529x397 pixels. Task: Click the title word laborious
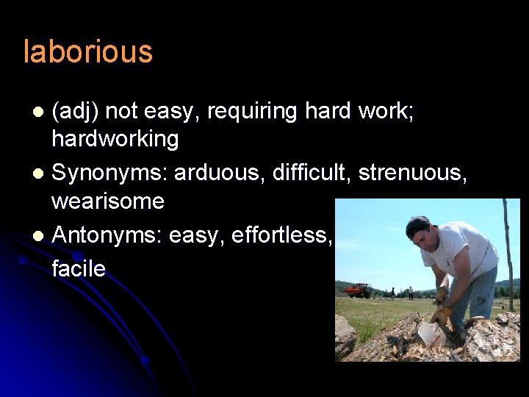click(x=88, y=52)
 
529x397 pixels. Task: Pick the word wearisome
click(x=107, y=201)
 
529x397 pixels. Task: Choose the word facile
click(x=78, y=268)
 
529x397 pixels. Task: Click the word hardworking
click(x=115, y=139)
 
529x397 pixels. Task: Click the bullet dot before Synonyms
click(x=40, y=174)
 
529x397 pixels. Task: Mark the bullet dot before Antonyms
click(x=40, y=236)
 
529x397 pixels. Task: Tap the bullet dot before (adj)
click(x=40, y=112)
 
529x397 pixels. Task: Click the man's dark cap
click(x=417, y=224)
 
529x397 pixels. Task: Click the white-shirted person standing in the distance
click(x=410, y=293)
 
